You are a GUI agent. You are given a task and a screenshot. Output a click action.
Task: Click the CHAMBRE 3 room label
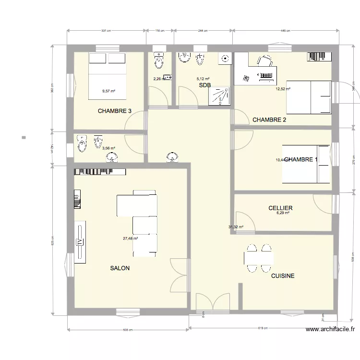click(x=114, y=111)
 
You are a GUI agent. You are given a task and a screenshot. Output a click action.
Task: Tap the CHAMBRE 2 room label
click(x=269, y=120)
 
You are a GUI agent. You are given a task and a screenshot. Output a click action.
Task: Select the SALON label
click(x=120, y=268)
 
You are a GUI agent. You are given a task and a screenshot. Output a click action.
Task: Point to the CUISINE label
click(x=283, y=276)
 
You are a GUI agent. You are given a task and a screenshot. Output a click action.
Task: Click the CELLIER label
click(x=281, y=208)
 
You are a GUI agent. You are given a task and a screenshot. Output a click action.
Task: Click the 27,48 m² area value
click(x=130, y=238)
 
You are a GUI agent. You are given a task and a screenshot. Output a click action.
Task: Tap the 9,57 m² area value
click(x=108, y=91)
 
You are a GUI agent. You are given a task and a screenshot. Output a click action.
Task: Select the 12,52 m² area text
click(x=283, y=89)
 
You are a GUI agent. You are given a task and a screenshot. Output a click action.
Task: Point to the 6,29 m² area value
click(x=283, y=213)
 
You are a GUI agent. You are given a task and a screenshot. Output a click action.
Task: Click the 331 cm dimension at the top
click(x=106, y=31)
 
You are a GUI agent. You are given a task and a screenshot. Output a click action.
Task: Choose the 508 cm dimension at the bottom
click(x=127, y=330)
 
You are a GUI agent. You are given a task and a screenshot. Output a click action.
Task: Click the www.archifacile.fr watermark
click(x=330, y=329)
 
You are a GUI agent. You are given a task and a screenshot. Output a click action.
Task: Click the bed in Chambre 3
click(x=107, y=76)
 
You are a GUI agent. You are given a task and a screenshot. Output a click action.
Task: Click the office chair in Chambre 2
click(x=264, y=60)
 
